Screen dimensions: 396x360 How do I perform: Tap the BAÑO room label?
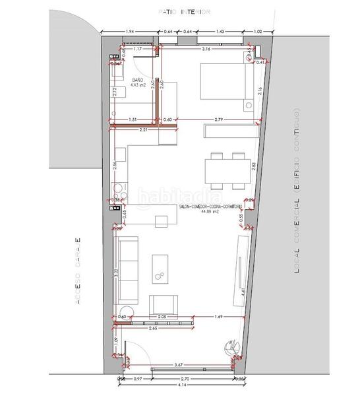tap(136, 79)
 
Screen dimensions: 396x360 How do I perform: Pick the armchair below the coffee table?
tap(165, 305)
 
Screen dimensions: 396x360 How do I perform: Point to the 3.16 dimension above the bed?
tap(206, 49)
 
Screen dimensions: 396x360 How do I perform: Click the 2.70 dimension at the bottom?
tap(185, 378)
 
